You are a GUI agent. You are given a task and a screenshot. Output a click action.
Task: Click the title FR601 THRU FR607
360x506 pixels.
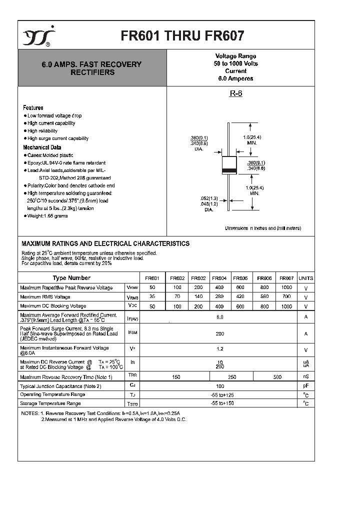[x=182, y=36]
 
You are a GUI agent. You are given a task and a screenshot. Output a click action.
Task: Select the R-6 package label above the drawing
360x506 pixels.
[x=235, y=93]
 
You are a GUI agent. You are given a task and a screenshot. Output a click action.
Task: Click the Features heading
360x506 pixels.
[x=33, y=107]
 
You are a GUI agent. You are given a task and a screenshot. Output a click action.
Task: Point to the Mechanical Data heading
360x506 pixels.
[x=42, y=147]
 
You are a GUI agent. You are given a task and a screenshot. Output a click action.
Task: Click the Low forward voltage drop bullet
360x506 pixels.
[x=54, y=115]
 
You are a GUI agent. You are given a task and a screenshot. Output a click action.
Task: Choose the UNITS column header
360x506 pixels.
[x=305, y=278]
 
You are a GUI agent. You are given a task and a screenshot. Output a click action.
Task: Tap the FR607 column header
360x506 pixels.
[x=286, y=278]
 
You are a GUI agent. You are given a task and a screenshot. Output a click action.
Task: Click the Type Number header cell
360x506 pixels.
[x=71, y=278]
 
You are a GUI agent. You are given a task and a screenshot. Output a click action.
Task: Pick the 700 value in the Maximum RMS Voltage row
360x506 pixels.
[x=286, y=296]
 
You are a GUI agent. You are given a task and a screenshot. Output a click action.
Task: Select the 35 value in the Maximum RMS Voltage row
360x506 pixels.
[x=152, y=296]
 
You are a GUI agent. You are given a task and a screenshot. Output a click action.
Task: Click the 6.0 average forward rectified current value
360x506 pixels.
[x=219, y=317]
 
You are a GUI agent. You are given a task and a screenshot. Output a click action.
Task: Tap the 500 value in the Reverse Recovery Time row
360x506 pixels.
[x=277, y=377]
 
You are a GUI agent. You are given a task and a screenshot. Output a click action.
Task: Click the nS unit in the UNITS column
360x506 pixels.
[x=305, y=377]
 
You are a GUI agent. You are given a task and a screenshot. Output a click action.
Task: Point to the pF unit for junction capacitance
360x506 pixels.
[x=305, y=386]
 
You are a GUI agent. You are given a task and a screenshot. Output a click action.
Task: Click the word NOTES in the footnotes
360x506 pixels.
[x=29, y=413]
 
